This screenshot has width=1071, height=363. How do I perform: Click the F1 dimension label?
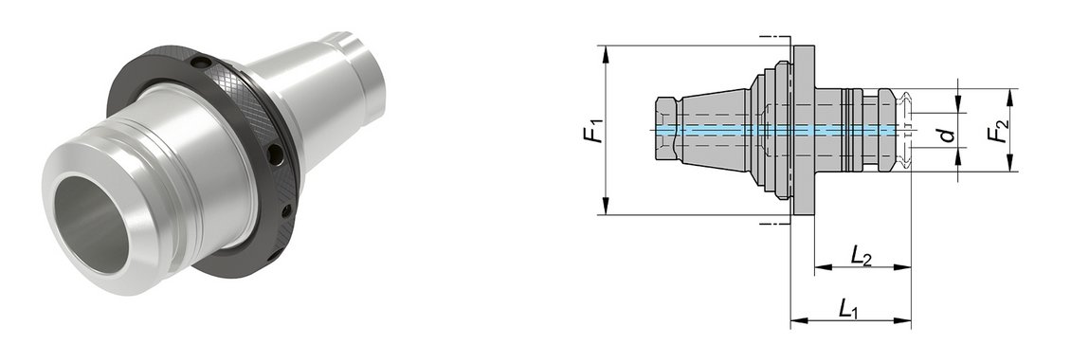coord(595,130)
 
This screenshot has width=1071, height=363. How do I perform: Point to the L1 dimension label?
coord(848,310)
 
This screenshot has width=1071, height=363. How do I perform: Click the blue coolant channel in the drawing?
coord(775,129)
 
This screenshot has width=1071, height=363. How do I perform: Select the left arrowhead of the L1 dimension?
coord(799,320)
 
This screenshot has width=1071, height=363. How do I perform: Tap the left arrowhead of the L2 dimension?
coord(823,267)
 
